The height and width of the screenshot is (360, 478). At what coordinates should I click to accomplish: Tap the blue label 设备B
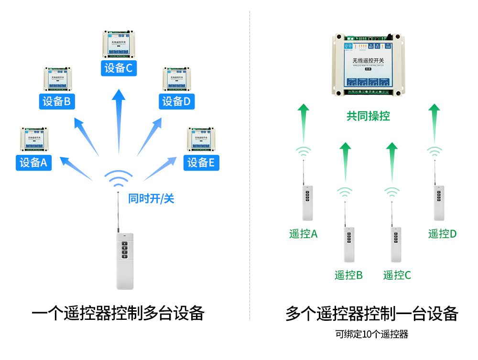pyautogui.click(x=56, y=101)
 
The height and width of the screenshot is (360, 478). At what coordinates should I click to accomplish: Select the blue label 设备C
pyautogui.click(x=119, y=68)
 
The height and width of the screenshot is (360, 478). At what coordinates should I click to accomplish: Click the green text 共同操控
pyautogui.click(x=368, y=116)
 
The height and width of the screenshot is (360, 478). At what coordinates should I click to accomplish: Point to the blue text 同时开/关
pyautogui.click(x=151, y=198)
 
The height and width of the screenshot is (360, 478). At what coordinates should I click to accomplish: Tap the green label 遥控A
pyautogui.click(x=303, y=234)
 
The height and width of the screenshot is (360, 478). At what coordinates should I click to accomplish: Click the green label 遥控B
pyautogui.click(x=348, y=275)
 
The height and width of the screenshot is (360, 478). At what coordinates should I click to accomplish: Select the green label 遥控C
pyautogui.click(x=397, y=275)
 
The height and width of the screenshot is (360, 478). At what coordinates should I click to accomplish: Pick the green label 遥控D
pyautogui.click(x=442, y=234)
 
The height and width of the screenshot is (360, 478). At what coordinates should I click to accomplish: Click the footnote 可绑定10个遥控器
pyautogui.click(x=371, y=334)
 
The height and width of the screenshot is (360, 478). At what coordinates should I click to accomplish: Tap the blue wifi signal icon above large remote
pyautogui.click(x=119, y=179)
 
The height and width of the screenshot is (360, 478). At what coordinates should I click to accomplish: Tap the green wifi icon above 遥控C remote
pyautogui.click(x=392, y=192)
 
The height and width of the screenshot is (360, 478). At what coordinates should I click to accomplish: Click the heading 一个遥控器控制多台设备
pyautogui.click(x=118, y=314)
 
